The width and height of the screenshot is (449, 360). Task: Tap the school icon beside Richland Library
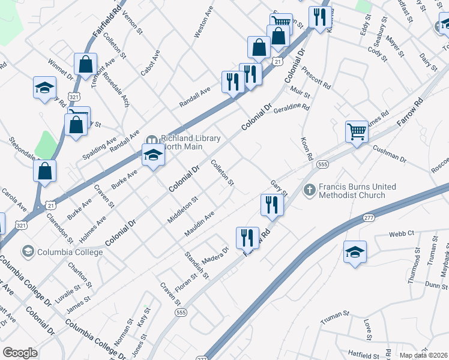click(x=153, y=155)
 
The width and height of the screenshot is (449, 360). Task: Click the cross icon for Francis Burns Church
click(x=310, y=190)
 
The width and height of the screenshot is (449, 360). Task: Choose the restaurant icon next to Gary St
click(x=272, y=205)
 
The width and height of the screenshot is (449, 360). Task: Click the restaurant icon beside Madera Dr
click(x=247, y=237)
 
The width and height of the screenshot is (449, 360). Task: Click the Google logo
click(x=20, y=353)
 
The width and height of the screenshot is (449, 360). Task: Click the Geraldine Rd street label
click(x=291, y=109)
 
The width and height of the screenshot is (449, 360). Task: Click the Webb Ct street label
click(x=402, y=233)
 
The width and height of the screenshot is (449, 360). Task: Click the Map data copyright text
click(x=423, y=355)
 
